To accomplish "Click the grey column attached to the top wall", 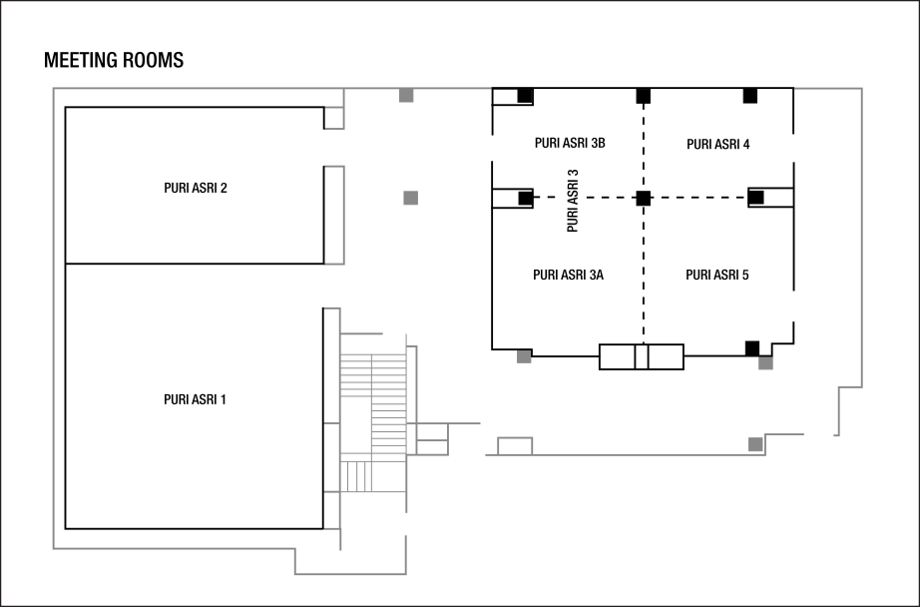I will click(x=406, y=96).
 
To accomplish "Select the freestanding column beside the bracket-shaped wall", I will click(x=410, y=198).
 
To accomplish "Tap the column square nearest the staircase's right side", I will click(x=524, y=356).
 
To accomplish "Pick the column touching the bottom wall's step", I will click(x=755, y=444).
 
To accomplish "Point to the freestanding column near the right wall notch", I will click(x=765, y=363).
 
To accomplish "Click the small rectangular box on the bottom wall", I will click(x=515, y=445).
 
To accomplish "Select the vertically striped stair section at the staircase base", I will click(x=355, y=476).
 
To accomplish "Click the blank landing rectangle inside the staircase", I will click(x=355, y=425).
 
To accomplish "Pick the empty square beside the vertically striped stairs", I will click(x=388, y=476).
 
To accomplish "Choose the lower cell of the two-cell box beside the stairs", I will click(x=432, y=448).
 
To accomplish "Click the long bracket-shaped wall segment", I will click(x=343, y=215).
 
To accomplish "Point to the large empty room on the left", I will click(x=190, y=319).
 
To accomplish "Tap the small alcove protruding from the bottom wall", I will click(x=349, y=559).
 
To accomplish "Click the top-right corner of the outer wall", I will click(x=861, y=89).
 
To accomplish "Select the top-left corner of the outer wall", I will click(x=53, y=89).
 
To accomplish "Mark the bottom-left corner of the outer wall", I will click(x=53, y=548).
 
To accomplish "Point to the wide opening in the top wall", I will click(x=643, y=89).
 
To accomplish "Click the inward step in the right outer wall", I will click(x=849, y=386).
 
